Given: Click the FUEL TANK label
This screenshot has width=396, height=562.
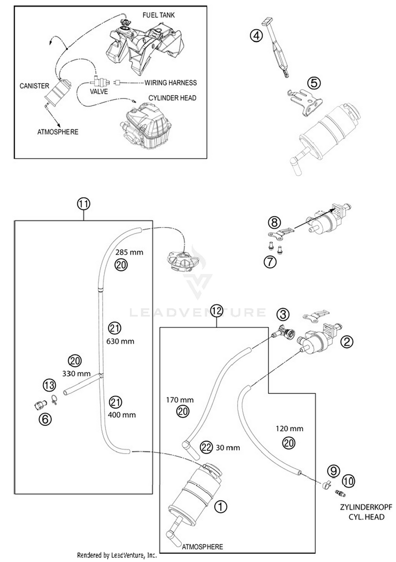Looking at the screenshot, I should click(x=158, y=15).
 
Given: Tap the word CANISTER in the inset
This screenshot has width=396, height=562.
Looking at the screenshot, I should click(x=34, y=86).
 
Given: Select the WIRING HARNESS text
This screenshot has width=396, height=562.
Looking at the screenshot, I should click(x=171, y=83).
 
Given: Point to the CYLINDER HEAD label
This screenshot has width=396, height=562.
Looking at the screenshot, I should click(x=172, y=98).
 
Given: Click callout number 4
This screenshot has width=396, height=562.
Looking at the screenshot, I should click(x=256, y=36).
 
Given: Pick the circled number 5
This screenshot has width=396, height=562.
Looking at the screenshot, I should click(x=314, y=83).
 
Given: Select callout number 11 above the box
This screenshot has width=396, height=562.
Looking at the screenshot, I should click(x=83, y=204).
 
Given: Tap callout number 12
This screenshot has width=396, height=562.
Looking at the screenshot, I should click(x=216, y=311).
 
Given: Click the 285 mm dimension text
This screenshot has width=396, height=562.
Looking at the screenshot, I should click(x=129, y=252).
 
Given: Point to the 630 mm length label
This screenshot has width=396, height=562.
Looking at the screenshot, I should click(x=120, y=341).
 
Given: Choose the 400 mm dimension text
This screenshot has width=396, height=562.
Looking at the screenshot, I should click(x=122, y=415).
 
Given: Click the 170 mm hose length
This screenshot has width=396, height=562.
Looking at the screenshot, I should click(x=180, y=400).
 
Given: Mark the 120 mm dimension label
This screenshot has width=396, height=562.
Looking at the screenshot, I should click(x=289, y=429).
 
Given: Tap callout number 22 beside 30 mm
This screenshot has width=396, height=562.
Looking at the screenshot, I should click(x=206, y=447).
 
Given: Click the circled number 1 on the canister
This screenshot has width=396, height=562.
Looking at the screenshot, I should click(x=220, y=506).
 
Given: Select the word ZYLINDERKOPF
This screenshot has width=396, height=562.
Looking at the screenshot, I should click(x=366, y=507).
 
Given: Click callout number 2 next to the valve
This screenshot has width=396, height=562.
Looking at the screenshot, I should click(x=347, y=342).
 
